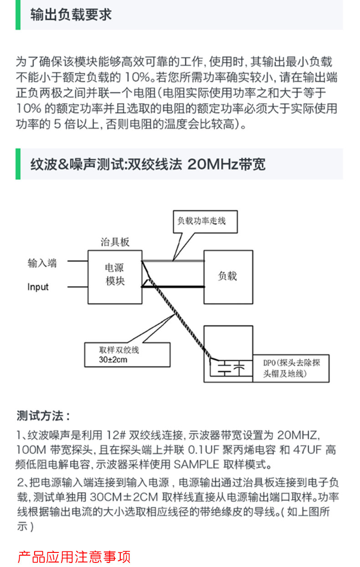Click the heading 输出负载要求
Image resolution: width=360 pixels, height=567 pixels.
pos(71,15)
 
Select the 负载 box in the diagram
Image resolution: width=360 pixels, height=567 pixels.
pos(228,276)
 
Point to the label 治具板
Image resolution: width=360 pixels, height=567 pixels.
pos(115,242)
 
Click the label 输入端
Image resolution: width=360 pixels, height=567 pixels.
pos(42,263)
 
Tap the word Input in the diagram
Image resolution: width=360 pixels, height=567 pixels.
pos(38,287)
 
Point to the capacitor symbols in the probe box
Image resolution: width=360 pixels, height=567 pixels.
pos(231,368)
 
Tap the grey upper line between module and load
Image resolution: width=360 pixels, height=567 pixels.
pos(173,261)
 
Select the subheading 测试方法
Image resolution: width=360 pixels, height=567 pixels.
pos(43,416)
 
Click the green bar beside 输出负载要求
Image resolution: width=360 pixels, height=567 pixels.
pos(18,15)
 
